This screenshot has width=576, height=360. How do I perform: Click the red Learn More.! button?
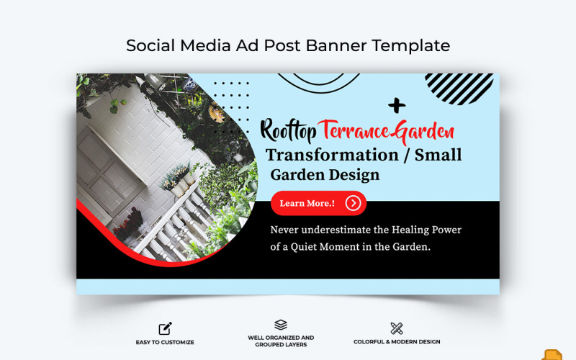point(318,203)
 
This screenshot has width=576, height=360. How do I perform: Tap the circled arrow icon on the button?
point(353,203)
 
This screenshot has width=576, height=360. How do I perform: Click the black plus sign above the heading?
point(396,106)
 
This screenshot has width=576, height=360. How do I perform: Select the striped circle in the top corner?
point(459,88)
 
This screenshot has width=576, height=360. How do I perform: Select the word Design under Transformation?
point(354,174)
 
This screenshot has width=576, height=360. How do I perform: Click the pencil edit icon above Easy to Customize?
point(165,328)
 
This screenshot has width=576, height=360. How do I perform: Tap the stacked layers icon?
point(281,325)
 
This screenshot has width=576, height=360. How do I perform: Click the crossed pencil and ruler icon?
point(397,328)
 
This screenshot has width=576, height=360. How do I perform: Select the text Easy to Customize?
point(165,342)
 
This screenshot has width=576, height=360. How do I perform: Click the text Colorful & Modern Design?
point(397,342)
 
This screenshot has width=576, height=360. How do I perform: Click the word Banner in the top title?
point(336,45)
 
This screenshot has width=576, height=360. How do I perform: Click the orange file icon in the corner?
point(552,355)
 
